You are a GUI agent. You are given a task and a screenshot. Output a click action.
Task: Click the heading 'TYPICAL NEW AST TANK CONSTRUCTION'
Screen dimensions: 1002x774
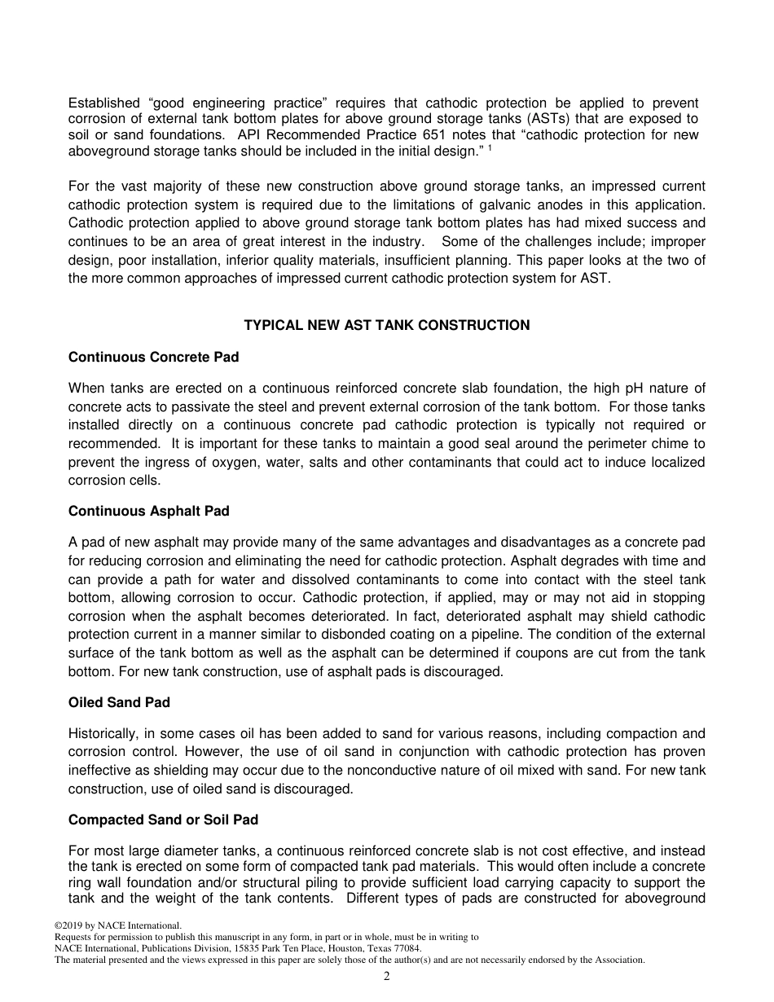(x=387, y=325)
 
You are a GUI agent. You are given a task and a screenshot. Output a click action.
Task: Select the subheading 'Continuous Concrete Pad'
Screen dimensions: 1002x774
(x=153, y=357)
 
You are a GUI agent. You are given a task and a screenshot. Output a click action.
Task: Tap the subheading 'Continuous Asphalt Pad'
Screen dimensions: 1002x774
(x=149, y=511)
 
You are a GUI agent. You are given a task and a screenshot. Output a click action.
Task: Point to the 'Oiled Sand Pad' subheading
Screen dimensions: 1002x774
(x=119, y=702)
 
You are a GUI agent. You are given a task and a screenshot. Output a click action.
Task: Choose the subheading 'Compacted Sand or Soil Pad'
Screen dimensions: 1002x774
(x=163, y=820)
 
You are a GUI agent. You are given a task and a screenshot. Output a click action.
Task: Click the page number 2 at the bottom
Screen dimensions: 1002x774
(x=387, y=977)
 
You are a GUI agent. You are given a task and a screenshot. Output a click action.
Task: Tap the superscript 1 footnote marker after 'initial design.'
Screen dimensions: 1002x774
(x=490, y=147)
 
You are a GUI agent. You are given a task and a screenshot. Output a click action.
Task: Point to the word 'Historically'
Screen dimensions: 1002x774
(x=102, y=734)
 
